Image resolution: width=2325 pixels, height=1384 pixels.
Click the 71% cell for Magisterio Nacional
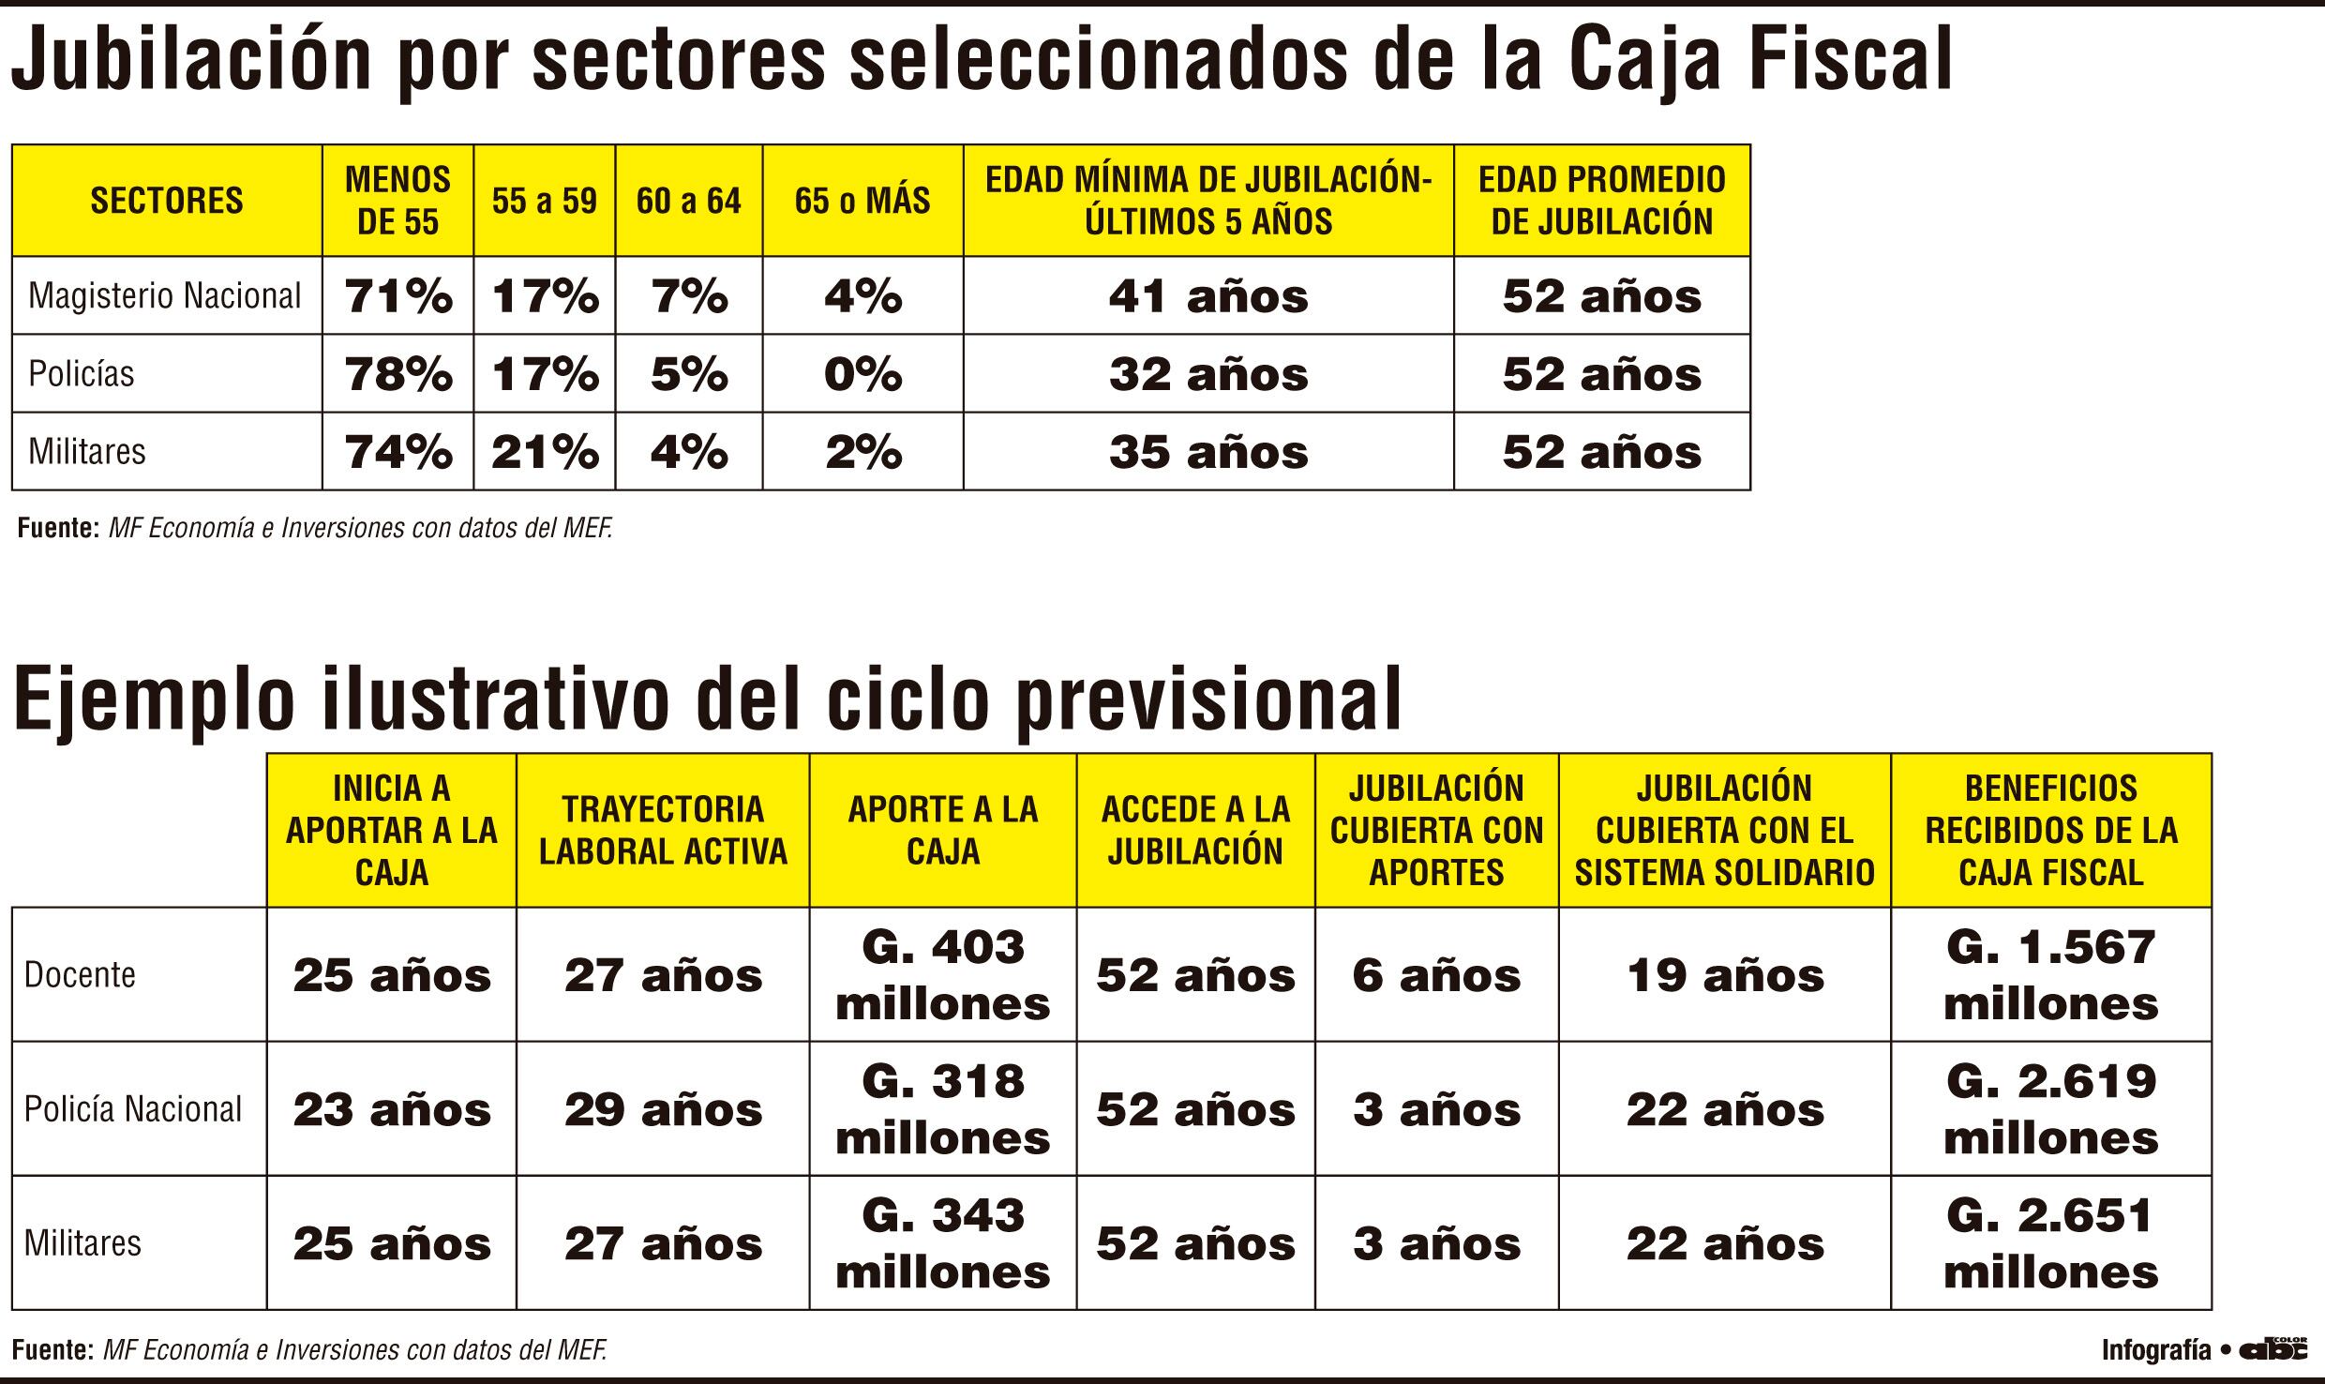pyautogui.click(x=398, y=296)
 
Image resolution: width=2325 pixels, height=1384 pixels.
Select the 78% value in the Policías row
pyautogui.click(x=398, y=374)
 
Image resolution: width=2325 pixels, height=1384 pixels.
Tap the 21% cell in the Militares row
pyautogui.click(x=545, y=452)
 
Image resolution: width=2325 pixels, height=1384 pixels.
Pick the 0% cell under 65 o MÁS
pyautogui.click(x=862, y=374)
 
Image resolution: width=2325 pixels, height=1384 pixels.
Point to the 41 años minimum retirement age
pyautogui.click(x=1208, y=296)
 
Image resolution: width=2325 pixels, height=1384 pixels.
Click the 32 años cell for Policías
pyautogui.click(x=1208, y=374)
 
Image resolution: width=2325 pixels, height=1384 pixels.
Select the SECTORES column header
pyautogui.click(x=167, y=201)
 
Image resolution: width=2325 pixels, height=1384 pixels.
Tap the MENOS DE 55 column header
pyautogui.click(x=398, y=201)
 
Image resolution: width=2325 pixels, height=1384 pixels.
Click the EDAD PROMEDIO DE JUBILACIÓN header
pyautogui.click(x=1601, y=201)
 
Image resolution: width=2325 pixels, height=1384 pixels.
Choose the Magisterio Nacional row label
pyautogui.click(x=165, y=296)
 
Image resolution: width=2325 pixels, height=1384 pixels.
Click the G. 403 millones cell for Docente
pyautogui.click(x=942, y=975)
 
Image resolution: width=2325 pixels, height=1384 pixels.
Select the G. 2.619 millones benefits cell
pyautogui.click(x=2050, y=1109)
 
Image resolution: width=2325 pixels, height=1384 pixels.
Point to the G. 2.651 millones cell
pyautogui.click(x=2050, y=1243)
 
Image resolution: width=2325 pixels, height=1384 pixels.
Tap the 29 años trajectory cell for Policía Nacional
pyautogui.click(x=663, y=1110)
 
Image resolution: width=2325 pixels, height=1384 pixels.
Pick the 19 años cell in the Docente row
pyautogui.click(x=1725, y=976)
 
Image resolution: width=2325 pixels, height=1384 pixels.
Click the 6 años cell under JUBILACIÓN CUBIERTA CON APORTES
pyautogui.click(x=1436, y=976)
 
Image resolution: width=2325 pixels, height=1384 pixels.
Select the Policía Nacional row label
pyautogui.click(x=133, y=1109)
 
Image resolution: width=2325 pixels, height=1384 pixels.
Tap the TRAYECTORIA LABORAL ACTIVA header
pyautogui.click(x=663, y=831)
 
